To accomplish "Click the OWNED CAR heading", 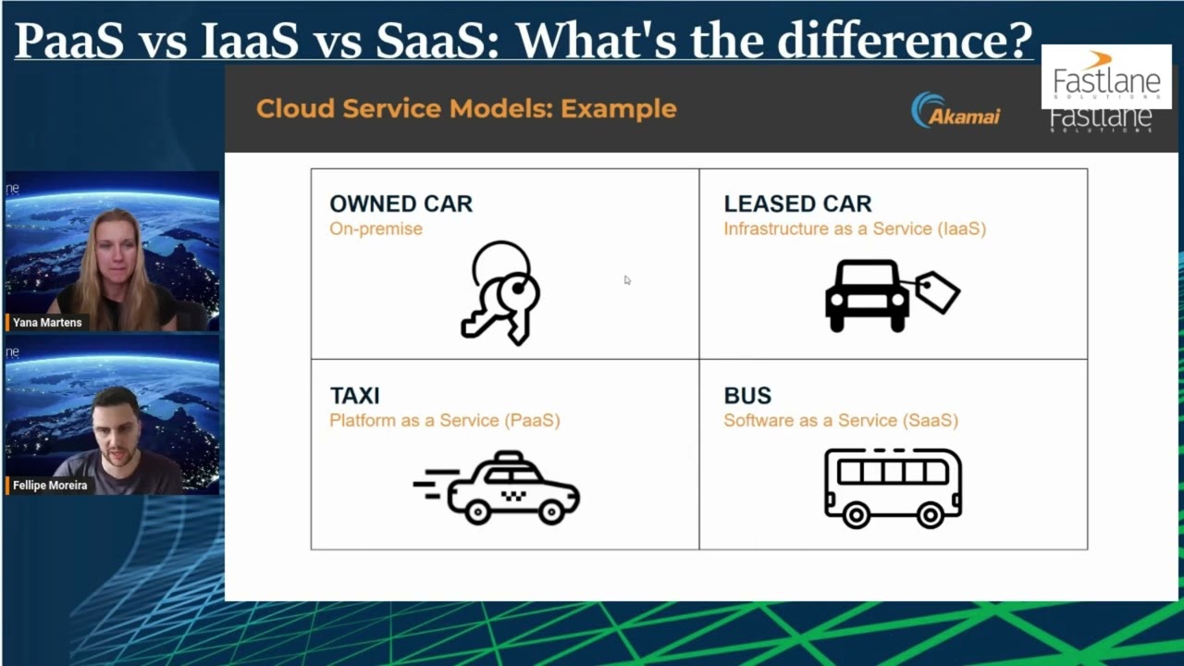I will (x=401, y=204).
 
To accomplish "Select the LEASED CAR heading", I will (x=797, y=204).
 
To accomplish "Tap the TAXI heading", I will (x=354, y=396).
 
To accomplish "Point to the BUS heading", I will (x=747, y=396).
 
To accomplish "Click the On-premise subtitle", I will (x=376, y=228).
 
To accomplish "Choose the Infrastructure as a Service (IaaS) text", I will (x=854, y=228).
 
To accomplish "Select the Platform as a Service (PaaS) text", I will (x=444, y=420).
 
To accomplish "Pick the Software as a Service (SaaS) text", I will (x=840, y=420).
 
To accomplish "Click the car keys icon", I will (x=500, y=293).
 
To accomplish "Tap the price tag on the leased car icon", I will (x=938, y=292).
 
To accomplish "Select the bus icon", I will (x=893, y=487).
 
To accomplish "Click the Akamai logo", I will (x=956, y=111).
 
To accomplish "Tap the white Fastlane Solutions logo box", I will (x=1106, y=77).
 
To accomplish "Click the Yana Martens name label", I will (x=47, y=323).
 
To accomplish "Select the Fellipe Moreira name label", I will (x=50, y=486).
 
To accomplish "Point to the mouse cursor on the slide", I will (x=626, y=279).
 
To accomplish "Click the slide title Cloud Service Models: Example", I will (x=466, y=109).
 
